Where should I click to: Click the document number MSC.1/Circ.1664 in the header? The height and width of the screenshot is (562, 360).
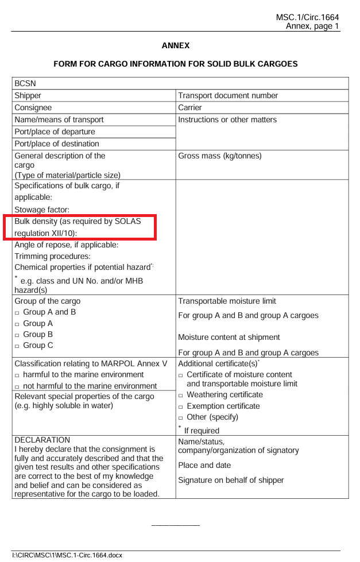[x=307, y=18]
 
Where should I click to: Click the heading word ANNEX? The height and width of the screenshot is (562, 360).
[x=176, y=45]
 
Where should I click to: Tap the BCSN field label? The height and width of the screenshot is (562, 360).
[x=25, y=84]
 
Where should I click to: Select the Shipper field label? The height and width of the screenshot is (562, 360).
[x=28, y=96]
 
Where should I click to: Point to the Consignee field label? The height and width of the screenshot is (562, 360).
[x=33, y=108]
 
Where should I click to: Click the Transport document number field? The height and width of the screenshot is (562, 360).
[x=228, y=96]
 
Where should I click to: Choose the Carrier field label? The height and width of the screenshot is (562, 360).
[x=190, y=108]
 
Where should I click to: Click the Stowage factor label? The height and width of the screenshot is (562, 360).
[x=42, y=210]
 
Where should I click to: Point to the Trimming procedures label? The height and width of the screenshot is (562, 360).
[x=52, y=256]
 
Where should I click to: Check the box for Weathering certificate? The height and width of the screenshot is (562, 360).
[x=181, y=396]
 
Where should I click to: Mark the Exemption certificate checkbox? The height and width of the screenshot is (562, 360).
[x=181, y=407]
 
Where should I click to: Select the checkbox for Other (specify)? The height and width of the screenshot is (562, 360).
[x=181, y=418]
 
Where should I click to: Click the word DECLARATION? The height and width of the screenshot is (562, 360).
[x=42, y=440]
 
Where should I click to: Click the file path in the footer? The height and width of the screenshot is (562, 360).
[x=64, y=555]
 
